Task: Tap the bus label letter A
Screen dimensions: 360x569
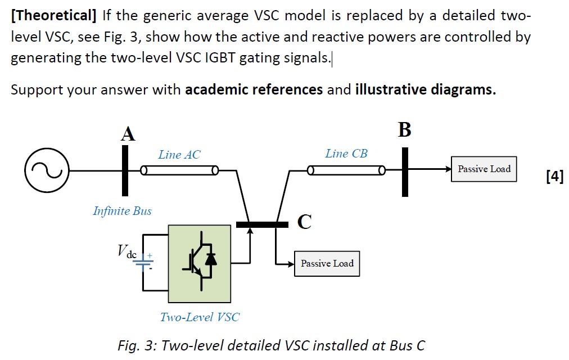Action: (128, 134)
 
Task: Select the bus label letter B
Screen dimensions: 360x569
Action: (404, 129)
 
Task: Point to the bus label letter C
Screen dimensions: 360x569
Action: (304, 222)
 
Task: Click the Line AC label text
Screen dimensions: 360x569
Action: (179, 154)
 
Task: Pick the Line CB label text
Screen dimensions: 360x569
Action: (346, 153)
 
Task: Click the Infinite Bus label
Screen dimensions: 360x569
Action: (122, 211)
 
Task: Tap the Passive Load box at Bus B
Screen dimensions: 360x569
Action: (484, 169)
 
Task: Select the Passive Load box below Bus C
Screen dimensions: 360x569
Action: (327, 263)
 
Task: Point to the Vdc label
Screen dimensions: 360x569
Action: (127, 251)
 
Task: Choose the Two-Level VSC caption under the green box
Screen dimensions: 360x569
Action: (200, 317)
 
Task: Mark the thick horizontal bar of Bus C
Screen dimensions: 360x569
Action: (262, 224)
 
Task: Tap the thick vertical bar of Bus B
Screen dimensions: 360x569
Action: (405, 172)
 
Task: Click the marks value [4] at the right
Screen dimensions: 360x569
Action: (554, 176)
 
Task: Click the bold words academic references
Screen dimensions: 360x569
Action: (254, 89)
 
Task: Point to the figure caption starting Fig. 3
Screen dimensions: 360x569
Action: (271, 345)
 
